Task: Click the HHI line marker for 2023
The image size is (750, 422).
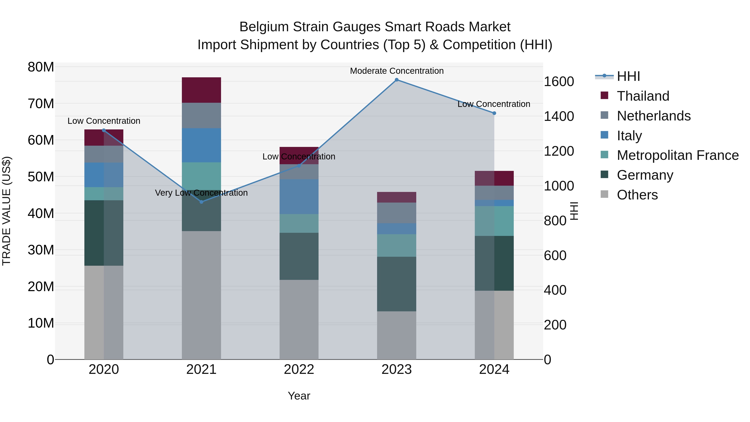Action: click(x=396, y=80)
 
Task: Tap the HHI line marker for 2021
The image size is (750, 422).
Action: click(x=201, y=202)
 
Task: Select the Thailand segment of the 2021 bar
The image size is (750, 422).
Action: click(x=201, y=90)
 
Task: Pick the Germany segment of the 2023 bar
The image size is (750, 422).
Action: click(x=396, y=284)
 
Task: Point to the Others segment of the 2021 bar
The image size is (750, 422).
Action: click(x=201, y=295)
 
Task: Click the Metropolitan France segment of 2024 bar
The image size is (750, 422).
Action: click(x=494, y=221)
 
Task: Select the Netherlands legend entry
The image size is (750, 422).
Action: click(x=653, y=116)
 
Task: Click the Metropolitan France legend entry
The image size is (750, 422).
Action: click(x=677, y=155)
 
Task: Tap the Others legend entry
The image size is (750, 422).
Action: click(x=637, y=195)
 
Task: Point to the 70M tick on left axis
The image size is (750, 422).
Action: click(x=41, y=104)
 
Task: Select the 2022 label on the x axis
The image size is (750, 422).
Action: click(x=299, y=369)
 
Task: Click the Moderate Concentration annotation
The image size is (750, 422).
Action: click(x=396, y=71)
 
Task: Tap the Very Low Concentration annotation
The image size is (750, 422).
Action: click(x=201, y=193)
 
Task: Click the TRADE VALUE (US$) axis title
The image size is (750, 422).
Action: click(x=6, y=211)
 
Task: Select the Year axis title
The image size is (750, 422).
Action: click(x=299, y=396)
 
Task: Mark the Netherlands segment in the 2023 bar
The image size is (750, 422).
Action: click(x=396, y=213)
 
